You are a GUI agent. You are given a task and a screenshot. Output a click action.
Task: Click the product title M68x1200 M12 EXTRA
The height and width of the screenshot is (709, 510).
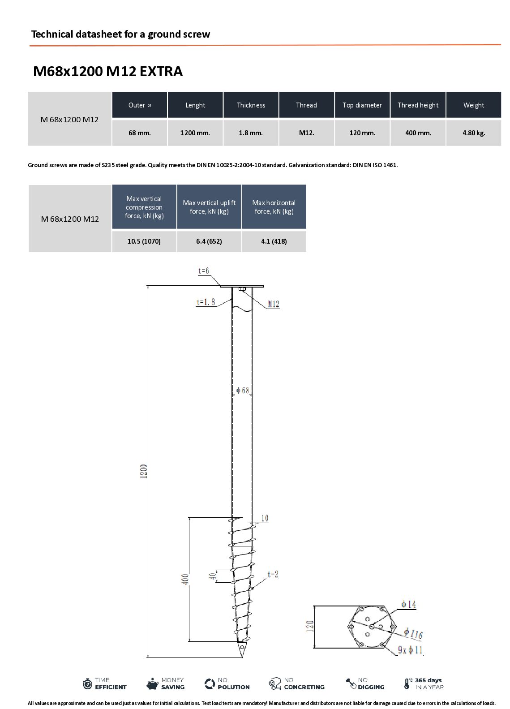(108, 71)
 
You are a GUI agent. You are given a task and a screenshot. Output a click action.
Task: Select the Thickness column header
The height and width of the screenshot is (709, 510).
(251, 105)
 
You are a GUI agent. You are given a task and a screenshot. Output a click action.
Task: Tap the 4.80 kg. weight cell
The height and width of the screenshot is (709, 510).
(474, 133)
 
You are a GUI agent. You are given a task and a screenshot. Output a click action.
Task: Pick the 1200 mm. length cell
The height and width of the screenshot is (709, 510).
(195, 133)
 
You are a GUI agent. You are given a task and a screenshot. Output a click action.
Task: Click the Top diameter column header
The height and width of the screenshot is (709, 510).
(362, 105)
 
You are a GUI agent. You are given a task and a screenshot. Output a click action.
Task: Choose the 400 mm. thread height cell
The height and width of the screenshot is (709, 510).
(418, 133)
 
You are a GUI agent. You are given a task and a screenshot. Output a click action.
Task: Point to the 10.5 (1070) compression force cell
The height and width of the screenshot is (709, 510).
(144, 241)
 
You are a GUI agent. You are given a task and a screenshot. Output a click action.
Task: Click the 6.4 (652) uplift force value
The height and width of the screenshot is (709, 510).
(209, 241)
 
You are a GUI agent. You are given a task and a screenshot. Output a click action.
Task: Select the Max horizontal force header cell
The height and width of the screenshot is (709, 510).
(274, 206)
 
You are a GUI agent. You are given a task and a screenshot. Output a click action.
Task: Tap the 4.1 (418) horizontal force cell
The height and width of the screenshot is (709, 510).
(274, 241)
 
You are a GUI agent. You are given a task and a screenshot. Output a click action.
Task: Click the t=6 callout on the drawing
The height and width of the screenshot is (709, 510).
(203, 271)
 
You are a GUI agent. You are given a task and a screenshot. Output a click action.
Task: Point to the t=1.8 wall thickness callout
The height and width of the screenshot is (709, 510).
(206, 302)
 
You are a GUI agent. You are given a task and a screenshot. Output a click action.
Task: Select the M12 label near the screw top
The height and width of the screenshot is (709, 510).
(274, 304)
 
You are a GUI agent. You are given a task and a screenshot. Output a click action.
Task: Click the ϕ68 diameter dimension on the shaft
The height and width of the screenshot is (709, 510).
(243, 390)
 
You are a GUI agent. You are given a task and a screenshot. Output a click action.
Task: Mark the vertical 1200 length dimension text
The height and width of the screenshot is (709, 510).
(144, 471)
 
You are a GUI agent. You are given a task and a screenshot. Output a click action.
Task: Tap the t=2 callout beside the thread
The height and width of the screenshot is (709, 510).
(273, 575)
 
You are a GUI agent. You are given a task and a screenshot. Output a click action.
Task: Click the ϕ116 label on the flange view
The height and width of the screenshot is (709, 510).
(413, 633)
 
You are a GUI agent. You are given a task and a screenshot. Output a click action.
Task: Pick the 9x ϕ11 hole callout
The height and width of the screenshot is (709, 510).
(410, 650)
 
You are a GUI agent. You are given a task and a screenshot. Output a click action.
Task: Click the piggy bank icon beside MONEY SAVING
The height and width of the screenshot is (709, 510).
(152, 683)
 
